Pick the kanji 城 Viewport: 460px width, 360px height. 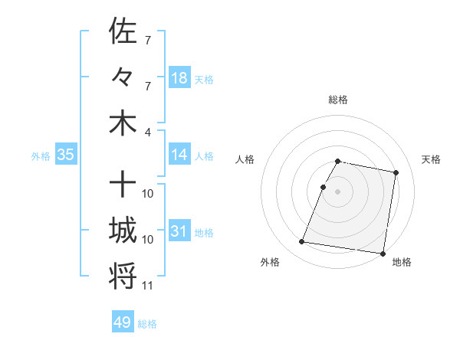[x=123, y=231]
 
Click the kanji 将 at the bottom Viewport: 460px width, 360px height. [x=123, y=277]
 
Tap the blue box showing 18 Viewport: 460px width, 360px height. [x=179, y=77]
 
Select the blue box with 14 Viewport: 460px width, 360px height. [x=179, y=155]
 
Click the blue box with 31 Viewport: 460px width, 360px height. [x=179, y=231]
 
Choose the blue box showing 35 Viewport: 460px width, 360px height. [x=65, y=155]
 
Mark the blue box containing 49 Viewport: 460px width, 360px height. [x=123, y=322]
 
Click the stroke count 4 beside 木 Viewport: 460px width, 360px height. [x=148, y=132]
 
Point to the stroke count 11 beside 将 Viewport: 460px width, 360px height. [x=148, y=286]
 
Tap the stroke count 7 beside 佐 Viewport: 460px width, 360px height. [x=147, y=40]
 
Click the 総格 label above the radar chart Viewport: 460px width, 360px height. [x=338, y=100]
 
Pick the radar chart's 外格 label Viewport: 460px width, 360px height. [x=270, y=263]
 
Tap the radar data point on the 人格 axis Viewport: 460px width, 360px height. [x=324, y=187]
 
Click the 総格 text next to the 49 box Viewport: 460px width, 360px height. [x=147, y=324]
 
